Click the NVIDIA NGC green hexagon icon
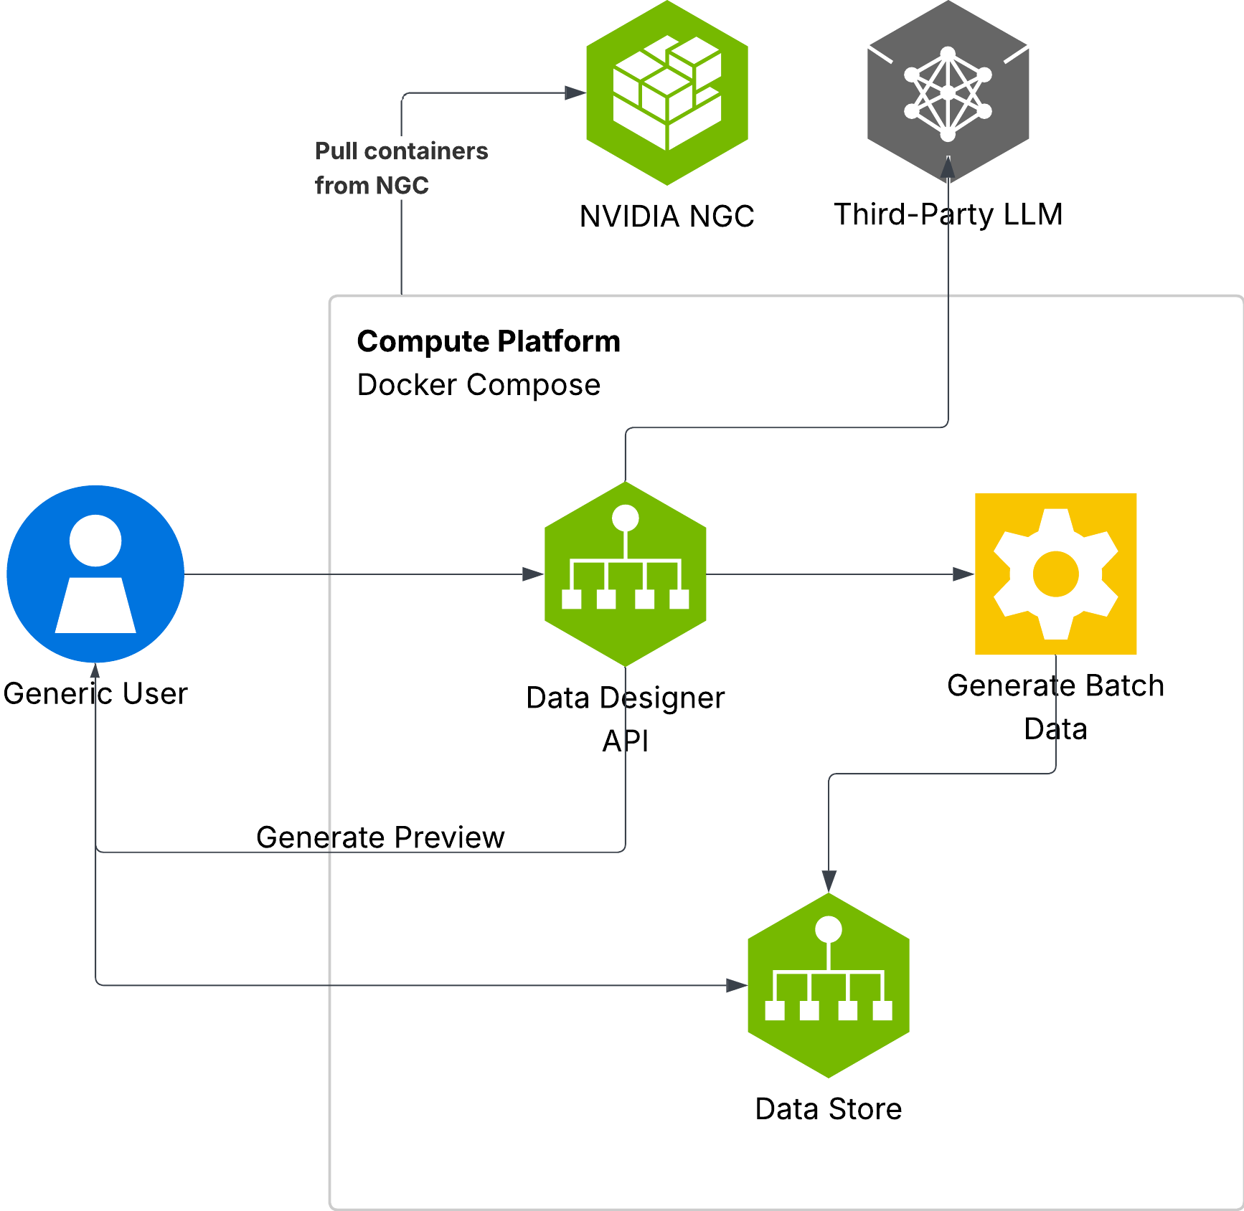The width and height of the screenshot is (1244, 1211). click(667, 92)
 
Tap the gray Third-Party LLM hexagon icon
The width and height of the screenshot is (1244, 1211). click(948, 92)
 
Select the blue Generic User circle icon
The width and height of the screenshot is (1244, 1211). click(95, 574)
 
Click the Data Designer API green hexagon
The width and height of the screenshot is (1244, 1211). click(625, 574)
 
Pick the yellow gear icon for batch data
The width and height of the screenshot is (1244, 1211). click(1055, 574)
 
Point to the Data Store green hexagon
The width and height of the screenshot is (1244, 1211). click(828, 985)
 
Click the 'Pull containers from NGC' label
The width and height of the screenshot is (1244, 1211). click(401, 168)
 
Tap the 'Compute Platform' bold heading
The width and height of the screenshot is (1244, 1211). click(489, 341)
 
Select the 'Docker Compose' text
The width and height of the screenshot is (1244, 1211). click(479, 385)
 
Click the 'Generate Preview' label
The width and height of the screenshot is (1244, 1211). click(380, 837)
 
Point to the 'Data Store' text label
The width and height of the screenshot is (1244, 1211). click(828, 1109)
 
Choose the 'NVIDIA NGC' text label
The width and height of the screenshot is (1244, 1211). click(666, 216)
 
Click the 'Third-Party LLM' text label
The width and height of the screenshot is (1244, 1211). click(948, 214)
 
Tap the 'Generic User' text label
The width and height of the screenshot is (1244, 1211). click(95, 693)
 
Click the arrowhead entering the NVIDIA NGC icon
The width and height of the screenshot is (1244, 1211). click(575, 92)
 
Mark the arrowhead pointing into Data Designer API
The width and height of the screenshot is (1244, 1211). click(533, 574)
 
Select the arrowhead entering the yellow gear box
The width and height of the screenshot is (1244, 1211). click(963, 574)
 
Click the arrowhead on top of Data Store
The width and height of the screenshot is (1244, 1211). click(829, 881)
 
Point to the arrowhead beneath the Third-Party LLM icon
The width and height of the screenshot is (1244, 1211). click(948, 168)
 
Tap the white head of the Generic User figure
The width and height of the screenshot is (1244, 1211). click(95, 540)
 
